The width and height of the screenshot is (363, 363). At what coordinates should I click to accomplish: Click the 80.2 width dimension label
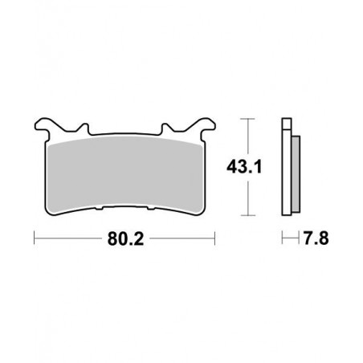pos(124,239)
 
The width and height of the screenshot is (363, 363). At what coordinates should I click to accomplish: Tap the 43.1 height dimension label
pos(247,168)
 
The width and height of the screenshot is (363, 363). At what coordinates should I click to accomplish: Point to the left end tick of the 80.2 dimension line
pos(34,239)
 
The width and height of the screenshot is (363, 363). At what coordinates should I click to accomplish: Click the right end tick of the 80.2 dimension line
pos(215,239)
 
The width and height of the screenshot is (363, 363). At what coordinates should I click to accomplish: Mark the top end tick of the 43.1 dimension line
pos(247,120)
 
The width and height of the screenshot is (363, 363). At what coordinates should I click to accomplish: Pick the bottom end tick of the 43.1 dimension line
pos(247,218)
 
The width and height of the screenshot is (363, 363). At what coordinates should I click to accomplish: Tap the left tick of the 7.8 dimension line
pos(281,239)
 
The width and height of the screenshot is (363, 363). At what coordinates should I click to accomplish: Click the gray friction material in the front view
pos(124,173)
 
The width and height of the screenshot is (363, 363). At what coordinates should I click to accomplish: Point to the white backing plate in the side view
pos(284,173)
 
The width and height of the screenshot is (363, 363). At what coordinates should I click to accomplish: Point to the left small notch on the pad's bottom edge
pos(98,211)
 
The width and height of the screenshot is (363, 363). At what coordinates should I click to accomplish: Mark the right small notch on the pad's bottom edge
pos(151,211)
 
